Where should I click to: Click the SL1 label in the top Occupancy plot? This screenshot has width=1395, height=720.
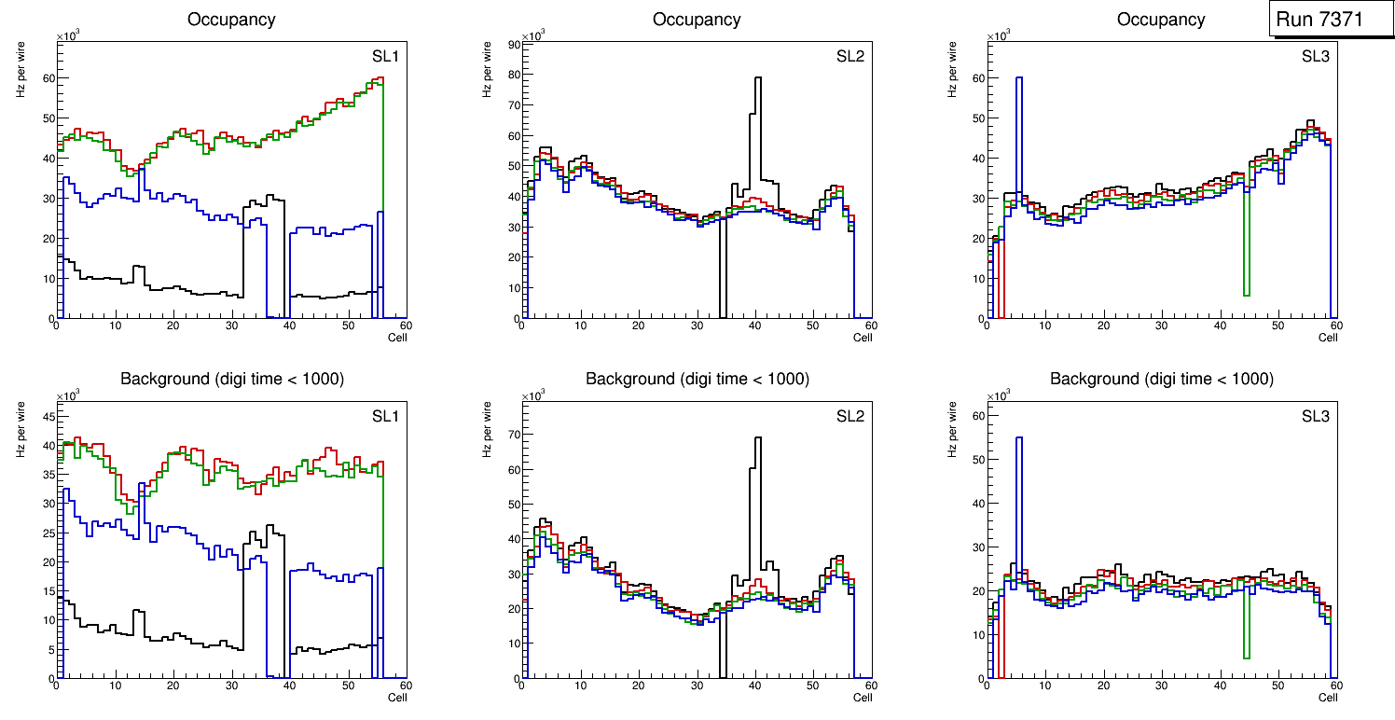click(385, 56)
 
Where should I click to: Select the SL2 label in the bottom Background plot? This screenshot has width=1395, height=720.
click(849, 416)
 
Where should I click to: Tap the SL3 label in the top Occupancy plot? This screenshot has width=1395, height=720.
click(1315, 56)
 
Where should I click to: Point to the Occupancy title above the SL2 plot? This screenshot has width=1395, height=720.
click(697, 19)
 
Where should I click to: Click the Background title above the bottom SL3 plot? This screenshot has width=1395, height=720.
click(1161, 379)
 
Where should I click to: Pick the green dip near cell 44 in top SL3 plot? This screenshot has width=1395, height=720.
click(1246, 295)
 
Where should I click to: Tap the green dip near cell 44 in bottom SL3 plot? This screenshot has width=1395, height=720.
click(1246, 658)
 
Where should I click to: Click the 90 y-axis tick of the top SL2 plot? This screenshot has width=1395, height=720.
click(512, 44)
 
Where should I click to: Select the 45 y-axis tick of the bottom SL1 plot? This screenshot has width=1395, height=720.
click(48, 416)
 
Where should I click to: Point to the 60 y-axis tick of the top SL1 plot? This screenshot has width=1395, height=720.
click(48, 78)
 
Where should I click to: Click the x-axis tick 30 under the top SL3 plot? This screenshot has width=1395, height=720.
click(1161, 325)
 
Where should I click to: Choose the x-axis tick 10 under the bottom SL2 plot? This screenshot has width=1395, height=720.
click(580, 685)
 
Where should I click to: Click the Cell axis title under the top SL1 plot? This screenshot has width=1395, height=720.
click(397, 337)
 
